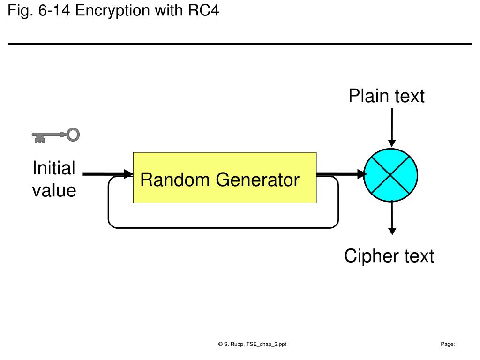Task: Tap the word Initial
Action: tap(54, 168)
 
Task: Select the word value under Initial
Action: tap(54, 190)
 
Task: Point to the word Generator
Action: tap(257, 180)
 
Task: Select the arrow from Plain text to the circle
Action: tap(392, 127)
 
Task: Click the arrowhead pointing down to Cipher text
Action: tap(392, 231)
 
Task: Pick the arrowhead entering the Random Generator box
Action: tap(128, 174)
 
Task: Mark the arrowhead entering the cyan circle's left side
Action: tap(362, 174)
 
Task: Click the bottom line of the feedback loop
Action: tap(223, 228)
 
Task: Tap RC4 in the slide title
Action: tap(203, 10)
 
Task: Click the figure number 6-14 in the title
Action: tap(54, 10)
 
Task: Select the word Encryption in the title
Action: tap(112, 11)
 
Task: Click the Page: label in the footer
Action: tap(448, 344)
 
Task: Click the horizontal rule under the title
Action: tap(240, 44)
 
